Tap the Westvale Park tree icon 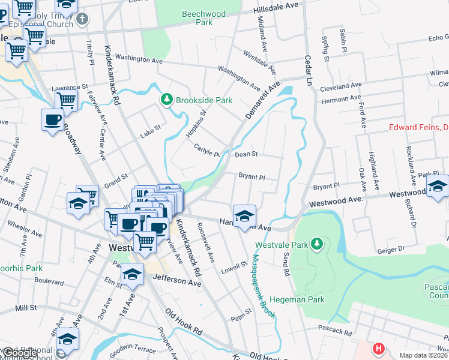(321, 244)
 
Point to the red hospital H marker (378, 348)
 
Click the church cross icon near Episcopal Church (82, 20)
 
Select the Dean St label (246, 154)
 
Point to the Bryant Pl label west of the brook (252, 177)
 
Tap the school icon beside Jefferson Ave (133, 274)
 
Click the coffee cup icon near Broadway (52, 119)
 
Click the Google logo (19, 353)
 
